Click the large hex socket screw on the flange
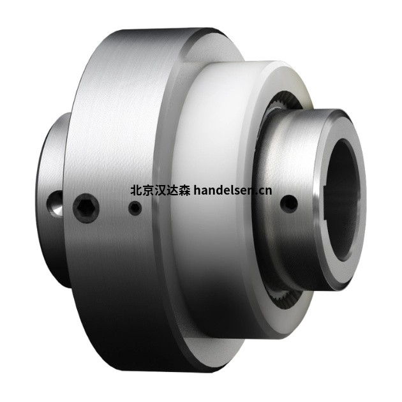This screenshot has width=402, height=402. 86,209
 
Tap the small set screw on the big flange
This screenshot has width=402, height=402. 134,208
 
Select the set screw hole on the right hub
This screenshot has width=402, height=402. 289,204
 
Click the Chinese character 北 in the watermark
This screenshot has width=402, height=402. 136,190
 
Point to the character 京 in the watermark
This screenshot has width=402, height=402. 148,190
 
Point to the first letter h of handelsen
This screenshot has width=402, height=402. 197,190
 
